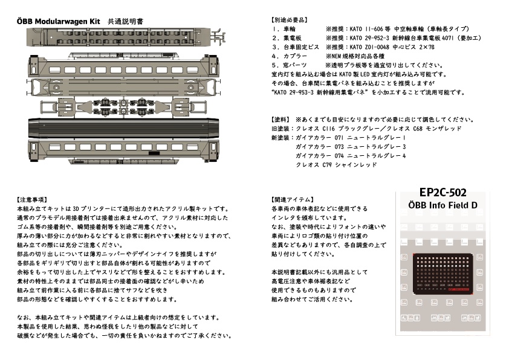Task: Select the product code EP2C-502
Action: [x=443, y=193]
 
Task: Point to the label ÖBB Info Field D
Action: [x=443, y=205]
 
